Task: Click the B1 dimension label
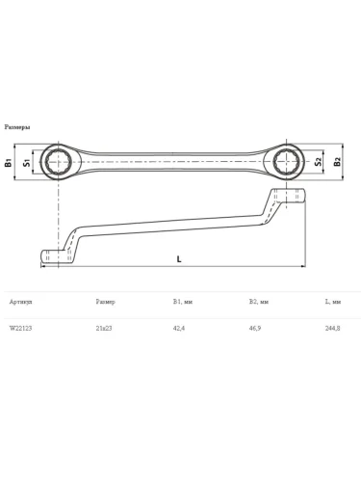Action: tap(9, 162)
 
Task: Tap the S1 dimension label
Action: tap(27, 163)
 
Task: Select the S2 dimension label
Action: tap(318, 162)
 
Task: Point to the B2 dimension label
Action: tap(337, 162)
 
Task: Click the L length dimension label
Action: tap(179, 259)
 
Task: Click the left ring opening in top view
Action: tap(59, 162)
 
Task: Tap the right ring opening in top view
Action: tap(286, 162)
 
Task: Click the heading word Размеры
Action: tap(17, 127)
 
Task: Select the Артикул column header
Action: tap(21, 302)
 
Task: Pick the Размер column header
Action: tap(105, 302)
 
